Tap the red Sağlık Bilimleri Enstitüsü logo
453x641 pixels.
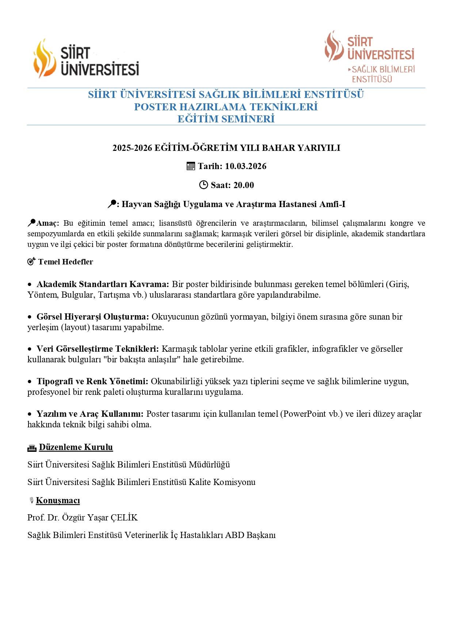369,56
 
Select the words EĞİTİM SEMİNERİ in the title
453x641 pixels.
226,119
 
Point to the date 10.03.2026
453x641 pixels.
245,166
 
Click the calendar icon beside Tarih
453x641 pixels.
191,166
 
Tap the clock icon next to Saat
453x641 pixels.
203,185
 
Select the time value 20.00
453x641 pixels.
243,185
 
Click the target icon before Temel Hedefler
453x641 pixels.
31,262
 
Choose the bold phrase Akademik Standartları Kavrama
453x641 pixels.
103,284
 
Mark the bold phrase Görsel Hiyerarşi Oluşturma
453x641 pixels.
93,317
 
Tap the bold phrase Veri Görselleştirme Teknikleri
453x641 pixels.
98,349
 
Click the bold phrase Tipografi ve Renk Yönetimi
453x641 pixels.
92,381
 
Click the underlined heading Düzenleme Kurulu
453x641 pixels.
76,447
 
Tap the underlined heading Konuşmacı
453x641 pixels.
58,500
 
